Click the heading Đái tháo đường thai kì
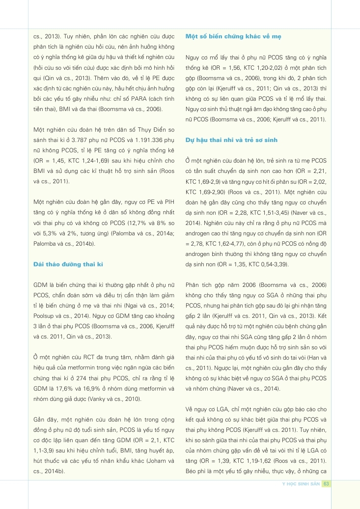coord(67,264)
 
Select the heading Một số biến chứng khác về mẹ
coord(234,37)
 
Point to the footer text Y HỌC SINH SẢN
coord(301,483)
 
